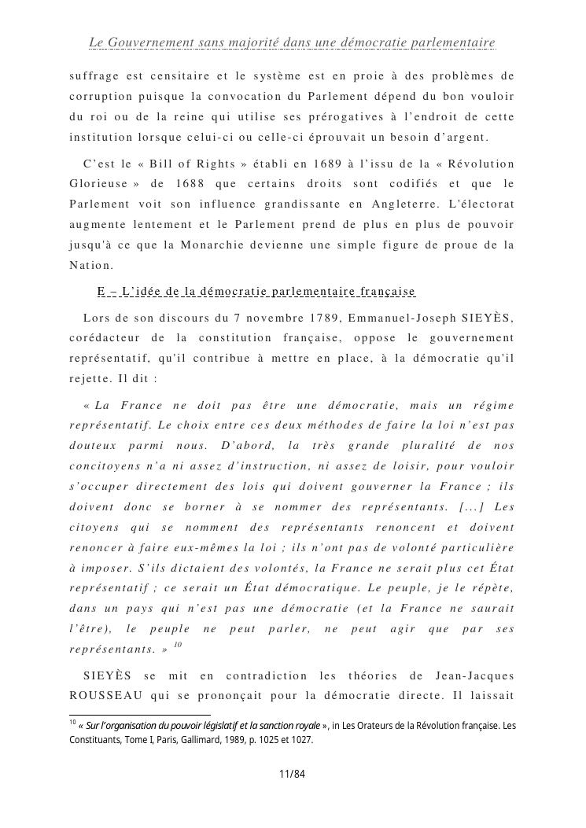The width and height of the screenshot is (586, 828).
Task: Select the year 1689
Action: click(314, 164)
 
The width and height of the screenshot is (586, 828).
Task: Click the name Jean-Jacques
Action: click(474, 675)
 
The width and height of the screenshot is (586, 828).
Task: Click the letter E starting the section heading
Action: click(101, 292)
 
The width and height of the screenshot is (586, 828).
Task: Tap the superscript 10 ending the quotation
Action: click(178, 645)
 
